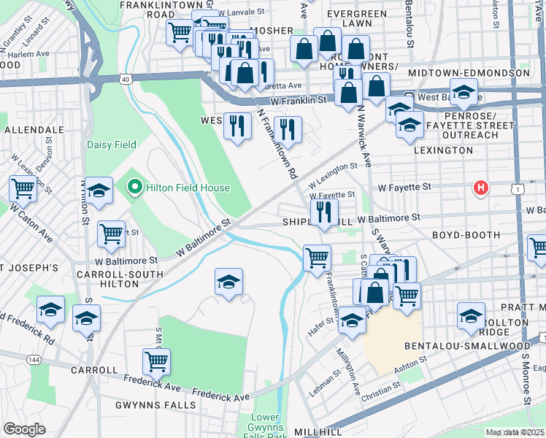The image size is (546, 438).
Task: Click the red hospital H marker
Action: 480,188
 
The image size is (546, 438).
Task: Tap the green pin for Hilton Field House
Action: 134,188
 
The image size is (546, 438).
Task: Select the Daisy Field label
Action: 112,145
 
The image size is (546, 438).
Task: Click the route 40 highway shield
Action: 126,79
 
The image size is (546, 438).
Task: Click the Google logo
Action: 24,429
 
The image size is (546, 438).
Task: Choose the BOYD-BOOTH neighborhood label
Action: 466,236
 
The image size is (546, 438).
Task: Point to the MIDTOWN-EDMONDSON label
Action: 469,74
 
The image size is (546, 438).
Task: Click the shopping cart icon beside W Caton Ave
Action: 23,188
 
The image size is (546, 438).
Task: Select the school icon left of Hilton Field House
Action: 99,191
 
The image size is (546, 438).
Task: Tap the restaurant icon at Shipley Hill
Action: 323,212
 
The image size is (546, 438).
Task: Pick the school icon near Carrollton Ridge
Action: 472,315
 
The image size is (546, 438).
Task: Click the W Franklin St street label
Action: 297,100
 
